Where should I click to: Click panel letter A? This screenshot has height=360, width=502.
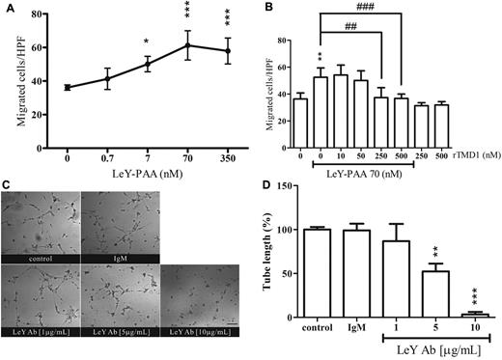8,7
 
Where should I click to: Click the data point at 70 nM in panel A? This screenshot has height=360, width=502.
188,45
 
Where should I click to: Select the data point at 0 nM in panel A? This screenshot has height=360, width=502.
68,88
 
